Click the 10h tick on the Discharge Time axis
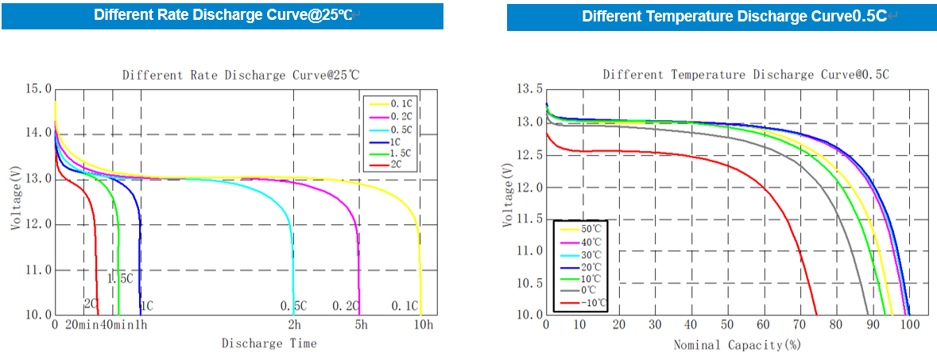[x=424, y=325]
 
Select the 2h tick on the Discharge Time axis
[x=294, y=325]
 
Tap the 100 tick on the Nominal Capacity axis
[x=909, y=325]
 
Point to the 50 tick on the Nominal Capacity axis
[x=727, y=325]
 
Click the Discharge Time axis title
[x=269, y=343]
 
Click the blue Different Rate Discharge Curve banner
[x=223, y=15]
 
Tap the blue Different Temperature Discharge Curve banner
[x=718, y=17]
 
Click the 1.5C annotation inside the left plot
[x=120, y=278]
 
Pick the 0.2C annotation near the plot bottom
[x=346, y=306]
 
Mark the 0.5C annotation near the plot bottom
[x=294, y=306]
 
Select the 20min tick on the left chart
[x=81, y=325]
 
